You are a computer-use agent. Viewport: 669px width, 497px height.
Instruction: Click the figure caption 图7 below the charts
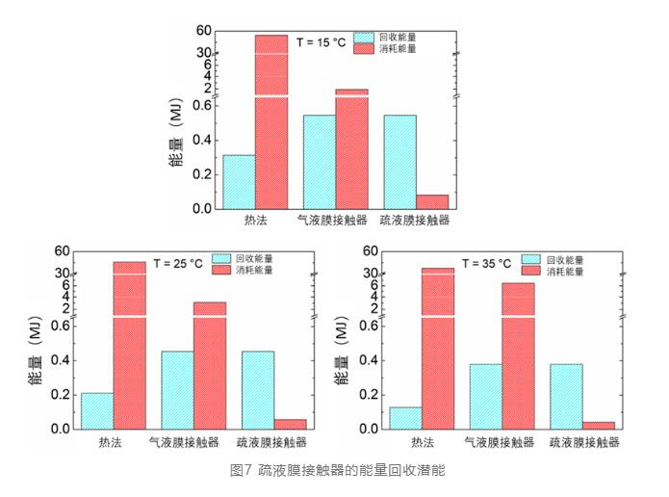[x=334, y=472]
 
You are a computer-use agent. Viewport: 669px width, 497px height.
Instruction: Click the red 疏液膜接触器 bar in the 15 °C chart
[x=431, y=201]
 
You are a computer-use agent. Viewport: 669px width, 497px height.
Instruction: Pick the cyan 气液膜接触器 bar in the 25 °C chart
[x=177, y=389]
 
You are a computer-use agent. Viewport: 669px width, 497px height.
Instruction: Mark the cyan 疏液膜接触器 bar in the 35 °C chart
[x=566, y=396]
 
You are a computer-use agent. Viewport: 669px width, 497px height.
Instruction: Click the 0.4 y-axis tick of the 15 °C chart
[x=200, y=139]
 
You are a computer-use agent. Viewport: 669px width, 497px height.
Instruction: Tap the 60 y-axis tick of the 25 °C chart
[x=62, y=251]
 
